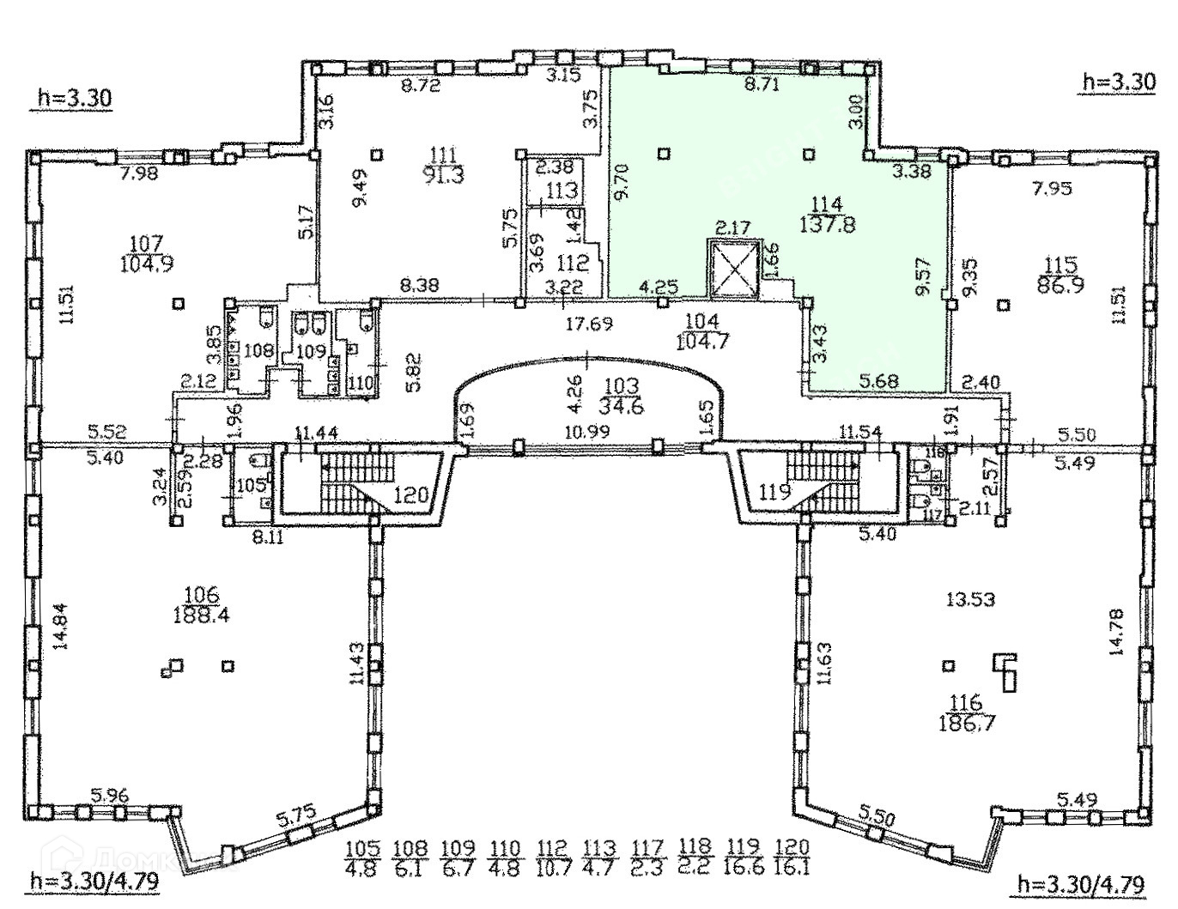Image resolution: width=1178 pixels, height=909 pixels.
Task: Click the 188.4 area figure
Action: point(202,615)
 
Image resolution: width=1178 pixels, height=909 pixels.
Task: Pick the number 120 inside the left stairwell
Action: point(410,494)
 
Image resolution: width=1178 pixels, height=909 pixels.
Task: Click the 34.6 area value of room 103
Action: point(622,407)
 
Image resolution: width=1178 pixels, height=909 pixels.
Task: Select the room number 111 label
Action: point(442,155)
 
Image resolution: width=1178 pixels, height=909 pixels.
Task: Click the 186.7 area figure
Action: point(967,723)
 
